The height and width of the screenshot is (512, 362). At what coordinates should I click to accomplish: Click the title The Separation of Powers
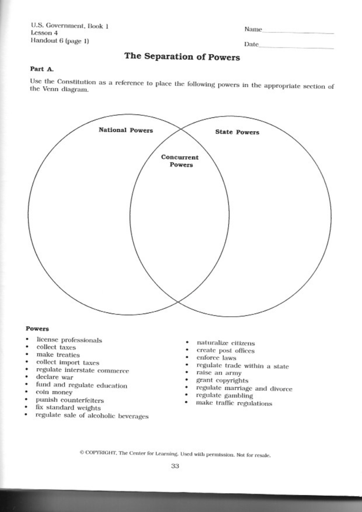pyautogui.click(x=182, y=57)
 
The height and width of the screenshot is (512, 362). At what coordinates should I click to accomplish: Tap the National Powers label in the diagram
pyautogui.click(x=126, y=130)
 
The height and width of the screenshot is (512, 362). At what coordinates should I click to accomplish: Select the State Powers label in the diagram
pyautogui.click(x=237, y=132)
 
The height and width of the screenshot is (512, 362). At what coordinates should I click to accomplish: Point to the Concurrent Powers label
pyautogui.click(x=180, y=161)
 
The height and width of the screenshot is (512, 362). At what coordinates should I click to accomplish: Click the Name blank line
pyautogui.click(x=298, y=32)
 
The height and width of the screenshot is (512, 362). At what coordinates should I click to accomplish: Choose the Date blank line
pyautogui.click(x=296, y=47)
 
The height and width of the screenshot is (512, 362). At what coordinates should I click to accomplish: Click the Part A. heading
pyautogui.click(x=42, y=69)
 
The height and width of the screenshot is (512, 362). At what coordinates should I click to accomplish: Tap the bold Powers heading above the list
pyautogui.click(x=37, y=328)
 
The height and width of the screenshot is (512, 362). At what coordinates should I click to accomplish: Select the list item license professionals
pyautogui.click(x=69, y=340)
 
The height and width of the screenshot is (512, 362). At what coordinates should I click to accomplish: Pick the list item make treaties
pyautogui.click(x=58, y=355)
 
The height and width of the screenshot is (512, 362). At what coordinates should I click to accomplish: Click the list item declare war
pyautogui.click(x=54, y=377)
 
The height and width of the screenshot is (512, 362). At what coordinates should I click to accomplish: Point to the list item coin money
pyautogui.click(x=54, y=392)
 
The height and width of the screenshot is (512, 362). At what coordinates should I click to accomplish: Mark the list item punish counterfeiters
pyautogui.click(x=70, y=400)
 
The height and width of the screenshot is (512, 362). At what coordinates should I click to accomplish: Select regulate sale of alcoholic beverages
pyautogui.click(x=92, y=416)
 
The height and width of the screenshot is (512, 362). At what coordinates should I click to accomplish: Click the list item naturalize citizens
pyautogui.click(x=226, y=343)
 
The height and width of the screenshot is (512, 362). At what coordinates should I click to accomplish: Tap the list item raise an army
pyautogui.click(x=219, y=373)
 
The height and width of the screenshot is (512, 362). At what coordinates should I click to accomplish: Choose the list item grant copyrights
pyautogui.click(x=222, y=380)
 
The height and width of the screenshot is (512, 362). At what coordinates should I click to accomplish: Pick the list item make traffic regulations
pyautogui.click(x=234, y=403)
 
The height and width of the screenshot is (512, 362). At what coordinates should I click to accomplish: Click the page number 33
pyautogui.click(x=175, y=466)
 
